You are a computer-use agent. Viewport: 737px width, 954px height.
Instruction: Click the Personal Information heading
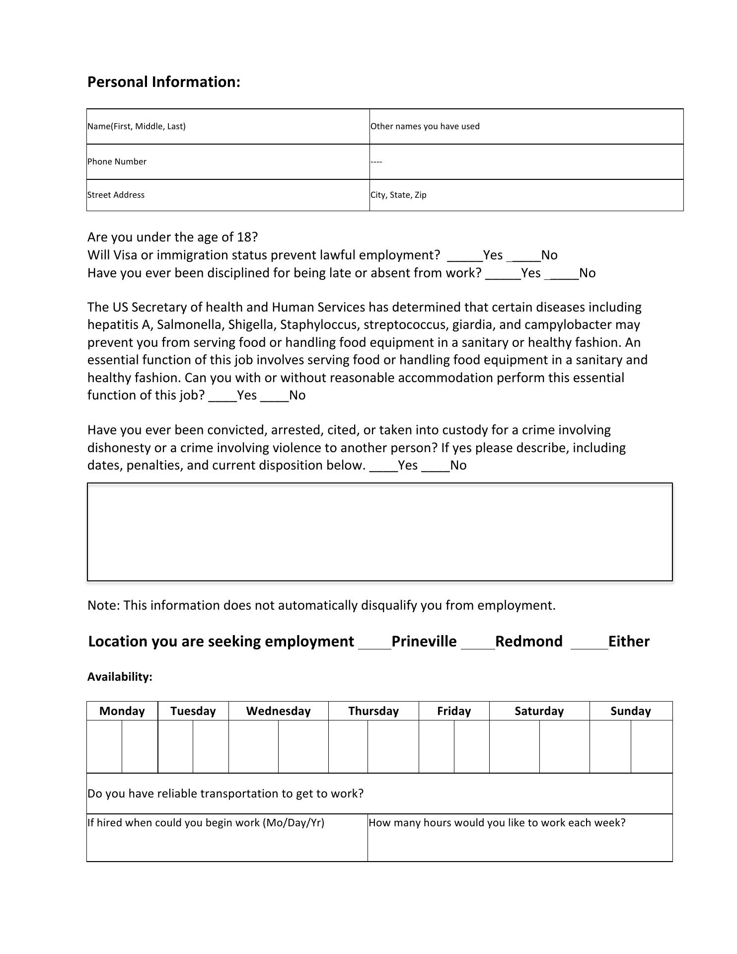click(163, 82)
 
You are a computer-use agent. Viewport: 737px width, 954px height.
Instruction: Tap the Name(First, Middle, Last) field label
click(137, 126)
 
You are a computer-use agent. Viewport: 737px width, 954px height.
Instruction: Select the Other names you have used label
click(425, 126)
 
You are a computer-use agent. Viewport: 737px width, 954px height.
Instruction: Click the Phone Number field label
click(117, 161)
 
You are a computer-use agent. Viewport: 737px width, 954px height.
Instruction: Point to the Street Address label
click(116, 195)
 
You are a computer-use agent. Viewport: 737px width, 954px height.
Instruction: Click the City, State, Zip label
click(398, 195)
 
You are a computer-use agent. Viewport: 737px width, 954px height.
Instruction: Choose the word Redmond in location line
click(528, 641)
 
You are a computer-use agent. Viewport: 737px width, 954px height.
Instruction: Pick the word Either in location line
click(628, 641)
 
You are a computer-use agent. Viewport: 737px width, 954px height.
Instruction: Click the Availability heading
click(120, 677)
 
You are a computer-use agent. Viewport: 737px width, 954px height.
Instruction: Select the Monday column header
click(122, 711)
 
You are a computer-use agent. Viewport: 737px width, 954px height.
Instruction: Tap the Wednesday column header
click(278, 711)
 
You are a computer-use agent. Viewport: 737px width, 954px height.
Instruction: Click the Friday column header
click(454, 711)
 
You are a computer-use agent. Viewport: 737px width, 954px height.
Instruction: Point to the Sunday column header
click(630, 711)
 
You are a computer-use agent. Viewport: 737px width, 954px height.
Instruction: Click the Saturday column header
click(539, 711)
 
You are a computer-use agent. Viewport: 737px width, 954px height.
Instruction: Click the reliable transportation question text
click(225, 794)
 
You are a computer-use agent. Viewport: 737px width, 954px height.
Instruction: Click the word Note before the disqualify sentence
click(102, 605)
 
